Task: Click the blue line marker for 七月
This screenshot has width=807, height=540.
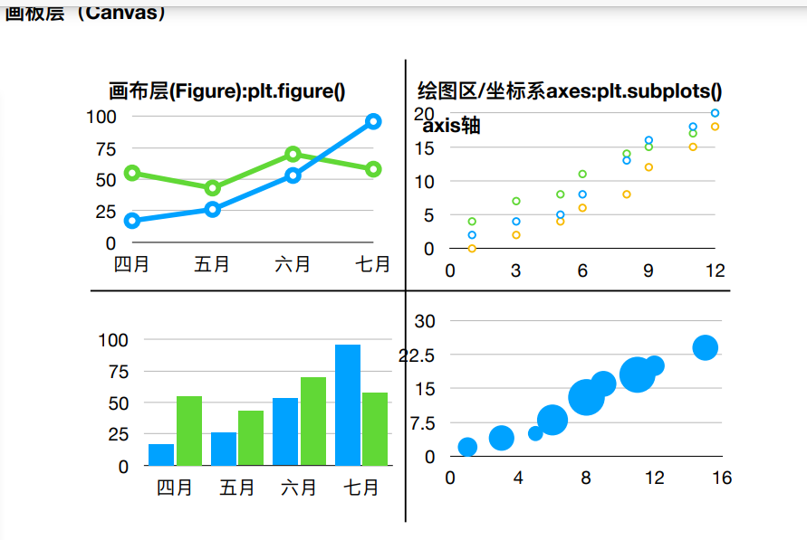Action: click(373, 121)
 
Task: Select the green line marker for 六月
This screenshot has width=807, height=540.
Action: click(293, 155)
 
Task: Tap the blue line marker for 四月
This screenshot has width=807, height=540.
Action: click(132, 220)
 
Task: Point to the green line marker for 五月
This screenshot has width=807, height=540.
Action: click(212, 188)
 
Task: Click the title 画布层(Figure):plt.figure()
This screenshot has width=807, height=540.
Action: click(227, 91)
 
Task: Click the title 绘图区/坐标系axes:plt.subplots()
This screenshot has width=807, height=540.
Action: click(570, 91)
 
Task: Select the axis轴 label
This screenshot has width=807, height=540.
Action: click(451, 126)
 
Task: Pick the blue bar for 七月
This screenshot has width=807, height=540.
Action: click(348, 405)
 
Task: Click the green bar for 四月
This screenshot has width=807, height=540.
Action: click(189, 431)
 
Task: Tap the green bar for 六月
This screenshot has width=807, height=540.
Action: click(313, 421)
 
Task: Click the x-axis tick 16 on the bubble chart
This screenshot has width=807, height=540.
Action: click(721, 478)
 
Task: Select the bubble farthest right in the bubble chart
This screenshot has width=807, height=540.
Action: click(706, 347)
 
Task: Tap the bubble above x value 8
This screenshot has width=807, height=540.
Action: click(587, 397)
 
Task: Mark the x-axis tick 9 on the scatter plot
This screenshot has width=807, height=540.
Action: click(648, 270)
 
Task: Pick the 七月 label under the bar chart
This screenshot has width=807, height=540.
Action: click(361, 488)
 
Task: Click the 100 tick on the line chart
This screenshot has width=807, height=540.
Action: click(101, 117)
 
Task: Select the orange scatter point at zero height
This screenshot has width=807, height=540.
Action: click(472, 248)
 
